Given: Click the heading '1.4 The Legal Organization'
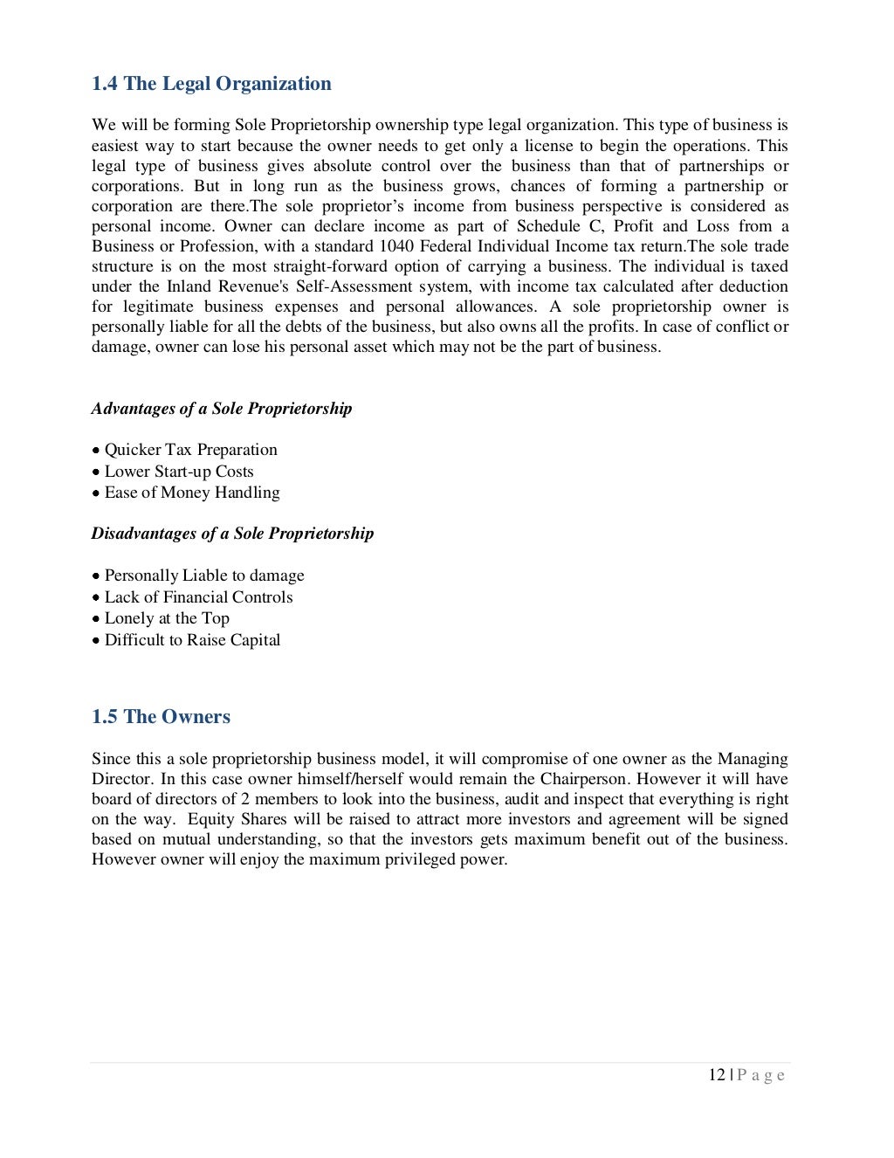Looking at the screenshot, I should (211, 84).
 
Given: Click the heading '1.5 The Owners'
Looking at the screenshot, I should (161, 717).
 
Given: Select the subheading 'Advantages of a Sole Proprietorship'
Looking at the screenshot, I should (222, 409).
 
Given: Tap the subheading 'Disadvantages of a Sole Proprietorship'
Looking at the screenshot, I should (232, 534).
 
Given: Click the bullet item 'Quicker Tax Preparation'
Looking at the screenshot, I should (190, 450).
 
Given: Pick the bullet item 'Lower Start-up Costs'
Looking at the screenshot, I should (179, 472).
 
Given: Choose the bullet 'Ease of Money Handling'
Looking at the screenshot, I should (192, 493).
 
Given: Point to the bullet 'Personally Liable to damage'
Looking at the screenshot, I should (204, 576).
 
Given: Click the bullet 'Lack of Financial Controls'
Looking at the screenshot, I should (198, 597).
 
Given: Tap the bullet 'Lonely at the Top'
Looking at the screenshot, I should (167, 618).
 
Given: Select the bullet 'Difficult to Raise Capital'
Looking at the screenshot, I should (192, 640).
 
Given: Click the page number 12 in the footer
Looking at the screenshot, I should (717, 1075).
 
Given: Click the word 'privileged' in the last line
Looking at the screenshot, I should (423, 859).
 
